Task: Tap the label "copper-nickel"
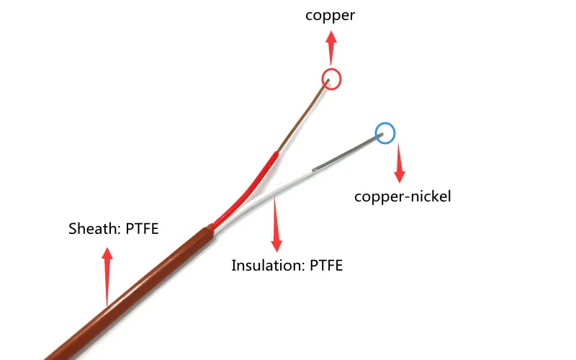click(402, 196)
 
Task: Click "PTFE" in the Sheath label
click(142, 230)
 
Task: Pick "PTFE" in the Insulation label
click(325, 266)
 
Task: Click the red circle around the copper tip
click(331, 78)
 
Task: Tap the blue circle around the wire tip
click(385, 132)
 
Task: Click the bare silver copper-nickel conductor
click(346, 153)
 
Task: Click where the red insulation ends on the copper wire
click(277, 153)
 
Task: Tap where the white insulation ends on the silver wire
click(314, 170)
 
